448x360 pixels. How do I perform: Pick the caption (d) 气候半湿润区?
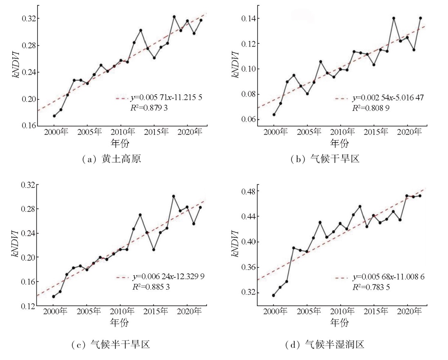click(325, 345)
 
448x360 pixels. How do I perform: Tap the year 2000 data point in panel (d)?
click(273, 295)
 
